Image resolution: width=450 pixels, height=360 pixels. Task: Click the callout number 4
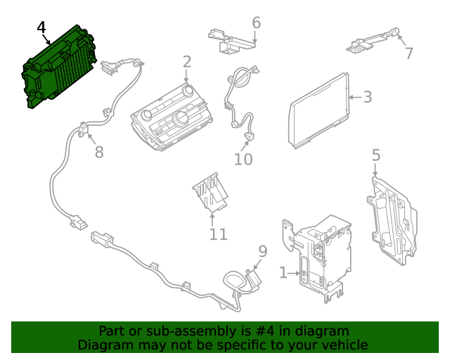point(41,27)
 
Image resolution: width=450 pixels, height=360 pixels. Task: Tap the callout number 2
point(186,62)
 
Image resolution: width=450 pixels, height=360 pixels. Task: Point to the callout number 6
point(256,22)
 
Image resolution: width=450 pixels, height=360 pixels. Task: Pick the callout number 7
point(409,53)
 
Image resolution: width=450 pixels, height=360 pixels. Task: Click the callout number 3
point(368,96)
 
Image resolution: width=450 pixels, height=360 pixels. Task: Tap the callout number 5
point(375,155)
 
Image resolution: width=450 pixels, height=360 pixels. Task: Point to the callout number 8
point(99,152)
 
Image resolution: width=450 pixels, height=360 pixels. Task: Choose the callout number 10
point(243,160)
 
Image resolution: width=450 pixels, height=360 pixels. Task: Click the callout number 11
point(218,233)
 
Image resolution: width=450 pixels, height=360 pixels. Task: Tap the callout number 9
point(262,251)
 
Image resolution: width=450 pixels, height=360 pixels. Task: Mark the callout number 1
point(283,272)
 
